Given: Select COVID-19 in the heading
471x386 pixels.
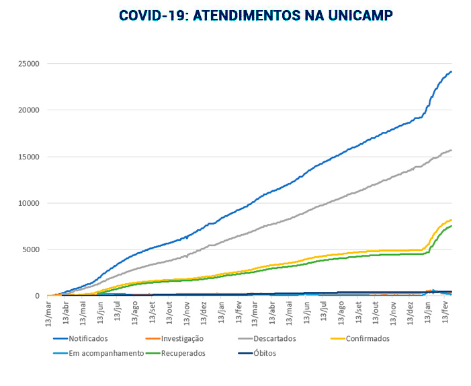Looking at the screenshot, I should [x=152, y=15].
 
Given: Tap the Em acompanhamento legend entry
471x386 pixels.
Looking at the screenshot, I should [x=106, y=353].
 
